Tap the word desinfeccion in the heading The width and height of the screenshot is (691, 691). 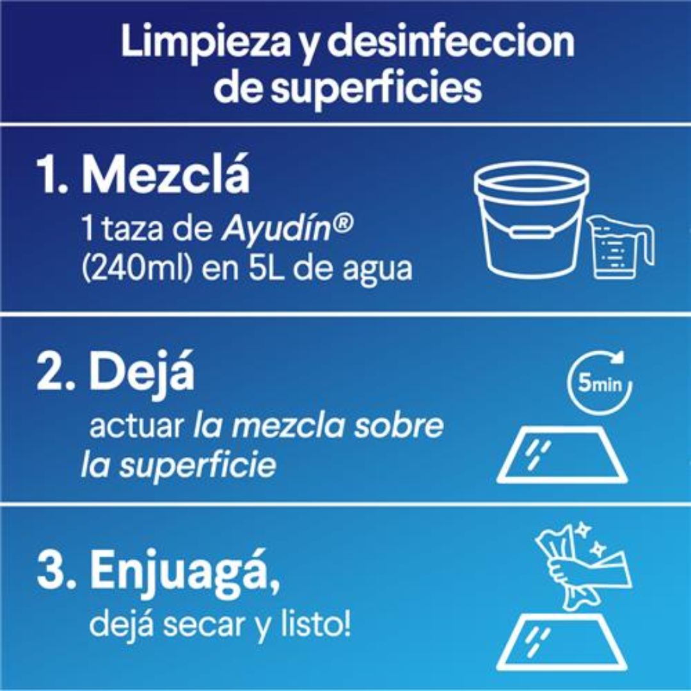pyautogui.click(x=450, y=41)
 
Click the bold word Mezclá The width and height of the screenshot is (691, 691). pyautogui.click(x=166, y=175)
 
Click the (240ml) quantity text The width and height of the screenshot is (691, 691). pyautogui.click(x=137, y=268)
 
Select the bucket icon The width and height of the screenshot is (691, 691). pyautogui.click(x=532, y=219)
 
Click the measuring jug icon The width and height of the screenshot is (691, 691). pyautogui.click(x=619, y=247)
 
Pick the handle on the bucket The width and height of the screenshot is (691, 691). pyautogui.click(x=532, y=231)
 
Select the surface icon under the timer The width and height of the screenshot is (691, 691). pyautogui.click(x=562, y=454)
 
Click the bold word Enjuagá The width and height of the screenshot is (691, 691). pyautogui.click(x=185, y=571)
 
